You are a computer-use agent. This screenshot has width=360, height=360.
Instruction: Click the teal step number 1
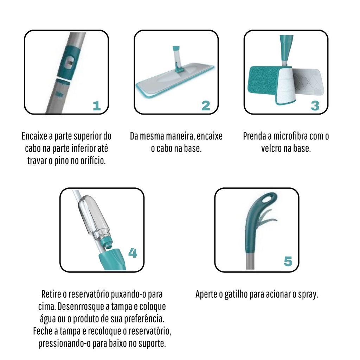click(x=97, y=106)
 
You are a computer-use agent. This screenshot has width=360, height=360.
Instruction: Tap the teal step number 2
click(x=206, y=106)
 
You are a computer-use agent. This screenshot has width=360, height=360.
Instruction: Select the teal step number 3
click(x=315, y=106)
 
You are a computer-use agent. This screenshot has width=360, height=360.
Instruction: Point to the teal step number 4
click(x=133, y=253)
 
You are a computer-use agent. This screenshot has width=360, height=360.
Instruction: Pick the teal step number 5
click(x=288, y=262)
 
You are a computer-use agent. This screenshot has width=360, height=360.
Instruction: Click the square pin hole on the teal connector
click(x=69, y=62)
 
